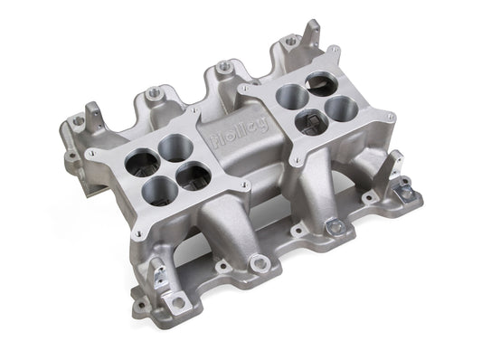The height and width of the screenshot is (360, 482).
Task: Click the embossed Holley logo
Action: tap(239, 133)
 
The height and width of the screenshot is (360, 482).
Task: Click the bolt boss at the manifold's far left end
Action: tap(78, 120)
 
